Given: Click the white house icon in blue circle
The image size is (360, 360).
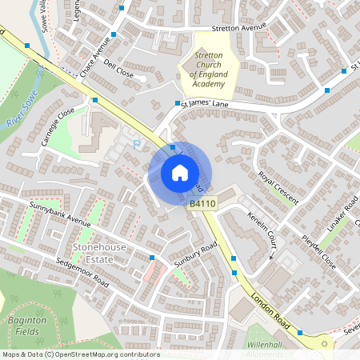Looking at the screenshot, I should [x=179, y=172].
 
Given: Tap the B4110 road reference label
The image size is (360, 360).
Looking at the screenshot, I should [x=203, y=205].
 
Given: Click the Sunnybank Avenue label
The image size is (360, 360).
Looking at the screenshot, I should [x=60, y=214].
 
